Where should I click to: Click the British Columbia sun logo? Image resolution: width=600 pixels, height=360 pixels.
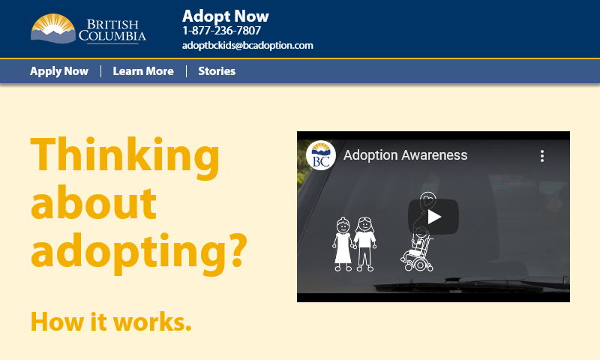(52, 28)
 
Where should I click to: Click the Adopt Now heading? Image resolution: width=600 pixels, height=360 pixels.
(225, 16)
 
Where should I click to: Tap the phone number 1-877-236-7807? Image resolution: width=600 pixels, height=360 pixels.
(221, 31)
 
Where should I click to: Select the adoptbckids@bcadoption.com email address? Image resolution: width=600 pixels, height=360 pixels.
(247, 45)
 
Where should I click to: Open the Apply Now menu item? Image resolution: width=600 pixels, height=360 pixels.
(59, 71)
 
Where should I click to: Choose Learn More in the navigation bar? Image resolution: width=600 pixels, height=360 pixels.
(143, 71)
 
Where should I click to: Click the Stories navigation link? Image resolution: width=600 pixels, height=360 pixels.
(217, 71)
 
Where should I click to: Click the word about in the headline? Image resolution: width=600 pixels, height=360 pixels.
(94, 203)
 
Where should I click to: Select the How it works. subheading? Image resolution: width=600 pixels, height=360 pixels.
(111, 321)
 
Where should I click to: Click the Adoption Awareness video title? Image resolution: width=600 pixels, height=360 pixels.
(405, 155)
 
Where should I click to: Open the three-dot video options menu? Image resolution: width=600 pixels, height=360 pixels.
(542, 156)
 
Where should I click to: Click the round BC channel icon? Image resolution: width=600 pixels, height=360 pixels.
(320, 155)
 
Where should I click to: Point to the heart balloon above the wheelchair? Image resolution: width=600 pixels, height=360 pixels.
(427, 200)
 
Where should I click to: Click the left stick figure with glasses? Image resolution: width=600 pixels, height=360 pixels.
(343, 242)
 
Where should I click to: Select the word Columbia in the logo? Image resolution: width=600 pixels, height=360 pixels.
(112, 35)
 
